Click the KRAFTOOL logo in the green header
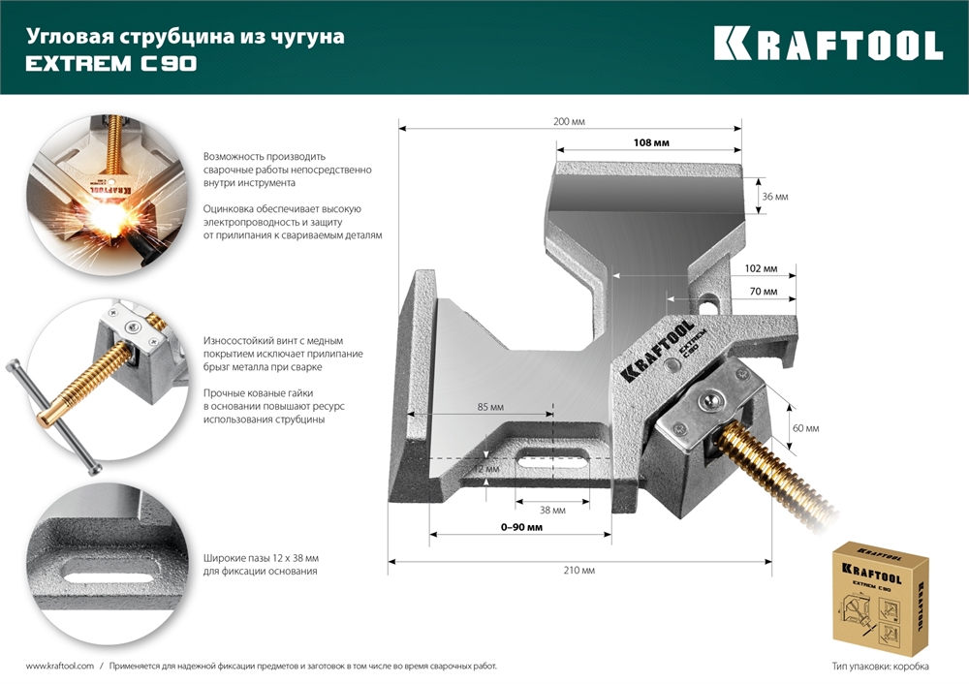[828, 45]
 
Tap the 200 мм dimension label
[570, 122]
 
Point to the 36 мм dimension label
[775, 197]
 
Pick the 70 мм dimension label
[764, 291]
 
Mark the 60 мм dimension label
[806, 428]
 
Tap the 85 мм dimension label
[489, 406]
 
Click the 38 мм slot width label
[551, 511]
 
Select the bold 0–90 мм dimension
[520, 528]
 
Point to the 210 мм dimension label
[579, 570]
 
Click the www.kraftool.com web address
[59, 667]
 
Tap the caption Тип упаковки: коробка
[880, 667]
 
